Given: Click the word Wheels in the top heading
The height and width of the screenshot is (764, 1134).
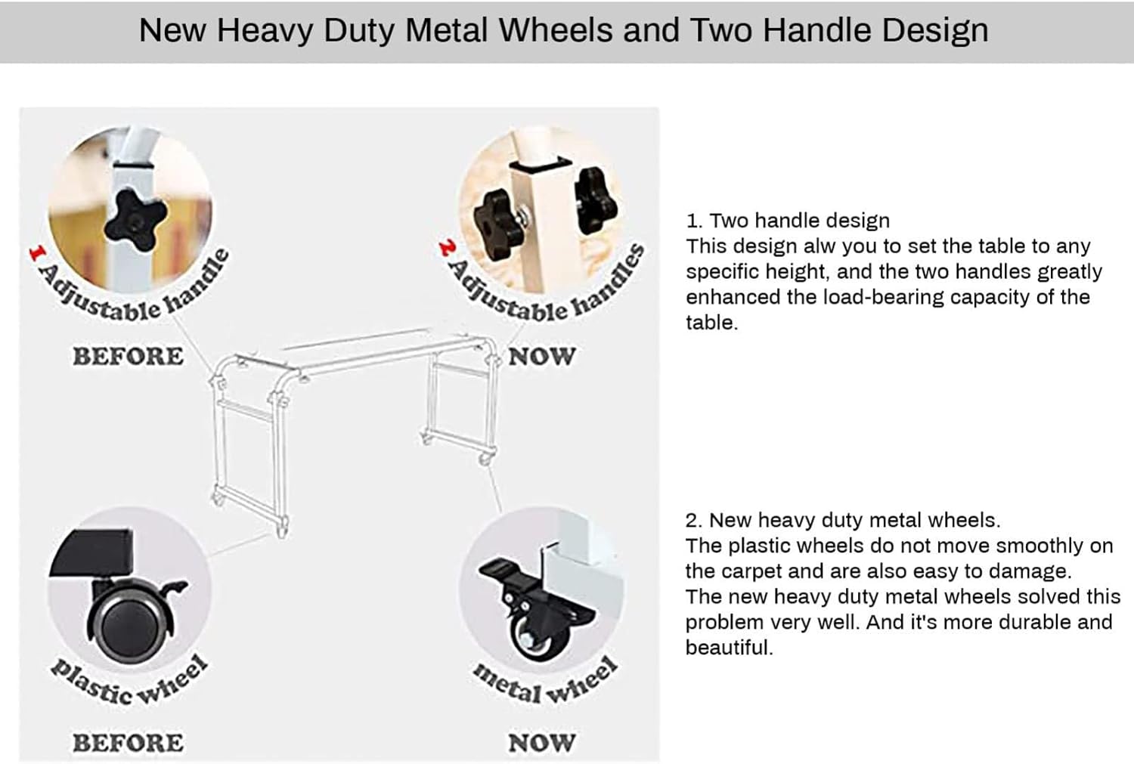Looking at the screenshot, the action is click(x=556, y=30).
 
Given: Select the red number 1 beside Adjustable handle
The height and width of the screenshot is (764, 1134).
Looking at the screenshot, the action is click(x=37, y=253).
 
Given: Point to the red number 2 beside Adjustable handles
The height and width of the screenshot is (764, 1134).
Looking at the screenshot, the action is click(x=448, y=248).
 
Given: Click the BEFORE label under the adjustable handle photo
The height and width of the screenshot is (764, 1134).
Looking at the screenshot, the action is click(x=128, y=356).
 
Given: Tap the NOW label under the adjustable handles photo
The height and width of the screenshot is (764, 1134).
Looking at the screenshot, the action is click(x=542, y=356).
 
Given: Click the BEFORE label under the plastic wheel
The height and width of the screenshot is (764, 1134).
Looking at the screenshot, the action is click(x=128, y=743).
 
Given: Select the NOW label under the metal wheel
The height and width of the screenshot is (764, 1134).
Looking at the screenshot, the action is click(x=542, y=743).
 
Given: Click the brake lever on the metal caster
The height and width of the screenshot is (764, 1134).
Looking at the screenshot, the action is click(x=499, y=570).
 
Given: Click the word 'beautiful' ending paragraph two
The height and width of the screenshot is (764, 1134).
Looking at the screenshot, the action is click(x=729, y=647).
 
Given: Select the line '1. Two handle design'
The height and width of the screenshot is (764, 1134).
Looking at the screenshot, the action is click(x=788, y=221).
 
